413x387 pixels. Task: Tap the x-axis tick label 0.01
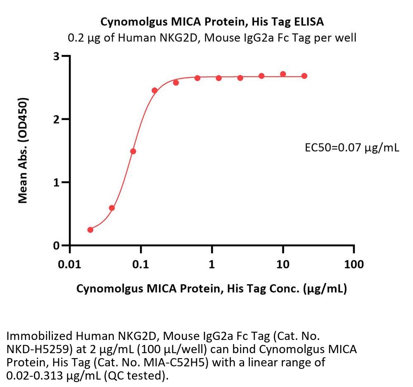69,264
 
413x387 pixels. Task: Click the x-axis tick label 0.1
141,264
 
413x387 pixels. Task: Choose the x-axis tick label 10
283,264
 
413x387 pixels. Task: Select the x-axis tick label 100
354,264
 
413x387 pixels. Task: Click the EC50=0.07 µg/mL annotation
351,148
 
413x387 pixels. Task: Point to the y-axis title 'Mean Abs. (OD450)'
23,151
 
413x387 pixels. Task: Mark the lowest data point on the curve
90,230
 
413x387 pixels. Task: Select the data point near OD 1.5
133,151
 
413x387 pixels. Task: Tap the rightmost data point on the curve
304,76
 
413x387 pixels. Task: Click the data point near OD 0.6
112,208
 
